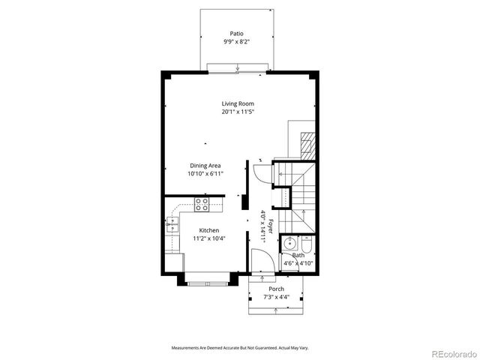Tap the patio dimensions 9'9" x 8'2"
coord(237,43)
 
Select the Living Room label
coord(237,103)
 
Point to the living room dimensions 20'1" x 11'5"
coord(237,112)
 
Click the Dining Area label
coord(204,165)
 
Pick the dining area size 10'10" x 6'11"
coord(204,173)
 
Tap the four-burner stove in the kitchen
coord(202,202)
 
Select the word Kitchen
coord(209,230)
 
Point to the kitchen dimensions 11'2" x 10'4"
coord(209,238)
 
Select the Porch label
coord(276,289)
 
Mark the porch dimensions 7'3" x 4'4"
coord(276,297)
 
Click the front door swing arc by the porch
coord(258,261)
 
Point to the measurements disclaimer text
coord(239,348)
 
